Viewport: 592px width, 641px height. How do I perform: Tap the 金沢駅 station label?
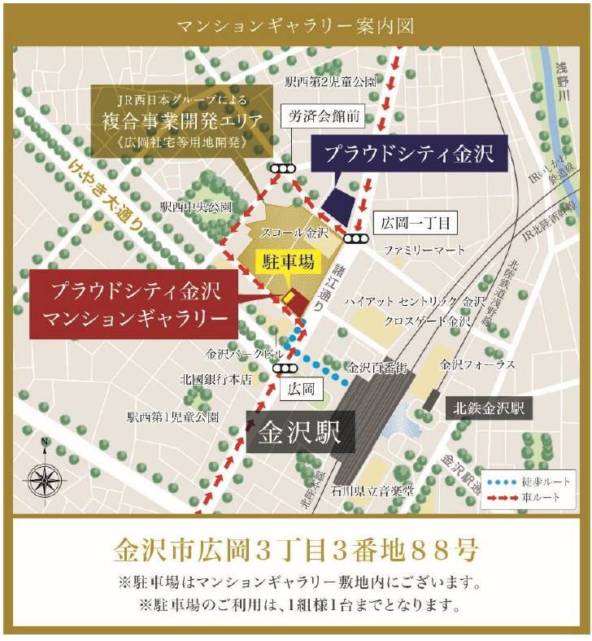[x=300, y=432]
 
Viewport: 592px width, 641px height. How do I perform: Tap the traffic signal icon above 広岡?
[x=285, y=368]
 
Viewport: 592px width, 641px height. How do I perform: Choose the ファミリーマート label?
[x=424, y=251]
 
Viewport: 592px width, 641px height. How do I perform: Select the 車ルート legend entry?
[x=530, y=495]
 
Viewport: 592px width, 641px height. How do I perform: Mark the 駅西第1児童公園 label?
[x=172, y=417]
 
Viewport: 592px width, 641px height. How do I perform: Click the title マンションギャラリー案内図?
[x=296, y=25]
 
